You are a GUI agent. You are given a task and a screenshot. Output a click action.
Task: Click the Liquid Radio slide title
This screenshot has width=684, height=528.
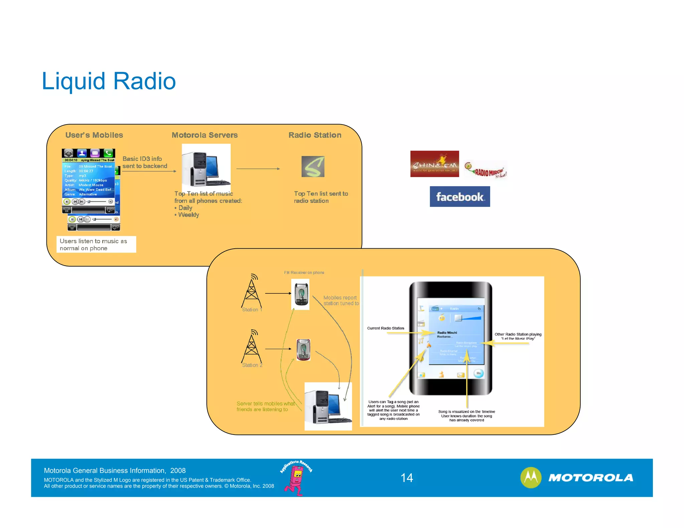109,81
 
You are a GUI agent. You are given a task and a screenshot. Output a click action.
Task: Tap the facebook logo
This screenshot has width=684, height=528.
460,197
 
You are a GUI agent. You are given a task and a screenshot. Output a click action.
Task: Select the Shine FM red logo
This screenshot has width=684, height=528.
434,164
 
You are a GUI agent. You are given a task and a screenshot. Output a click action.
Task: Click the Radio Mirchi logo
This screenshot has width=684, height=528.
486,171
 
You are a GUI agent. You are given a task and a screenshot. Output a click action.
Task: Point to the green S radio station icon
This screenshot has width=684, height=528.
313,167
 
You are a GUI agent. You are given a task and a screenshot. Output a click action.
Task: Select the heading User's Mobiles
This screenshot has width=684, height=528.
94,135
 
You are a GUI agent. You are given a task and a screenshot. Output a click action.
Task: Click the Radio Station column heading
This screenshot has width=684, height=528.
315,135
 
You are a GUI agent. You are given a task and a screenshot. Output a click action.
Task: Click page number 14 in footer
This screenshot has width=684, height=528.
406,478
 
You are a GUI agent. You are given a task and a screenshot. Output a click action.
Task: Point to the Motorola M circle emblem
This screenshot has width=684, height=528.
530,477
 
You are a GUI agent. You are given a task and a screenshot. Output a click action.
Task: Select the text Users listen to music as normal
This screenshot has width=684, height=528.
93,245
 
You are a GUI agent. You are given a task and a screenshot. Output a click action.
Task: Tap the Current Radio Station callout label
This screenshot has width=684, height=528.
385,328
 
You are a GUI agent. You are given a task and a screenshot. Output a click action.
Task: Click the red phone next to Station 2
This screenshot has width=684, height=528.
303,349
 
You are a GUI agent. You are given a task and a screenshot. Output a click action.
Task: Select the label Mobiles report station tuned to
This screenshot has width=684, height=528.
341,300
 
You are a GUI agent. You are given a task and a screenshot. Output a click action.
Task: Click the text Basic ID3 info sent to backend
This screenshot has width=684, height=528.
144,163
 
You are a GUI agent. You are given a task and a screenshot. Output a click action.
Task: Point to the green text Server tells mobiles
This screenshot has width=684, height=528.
265,407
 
